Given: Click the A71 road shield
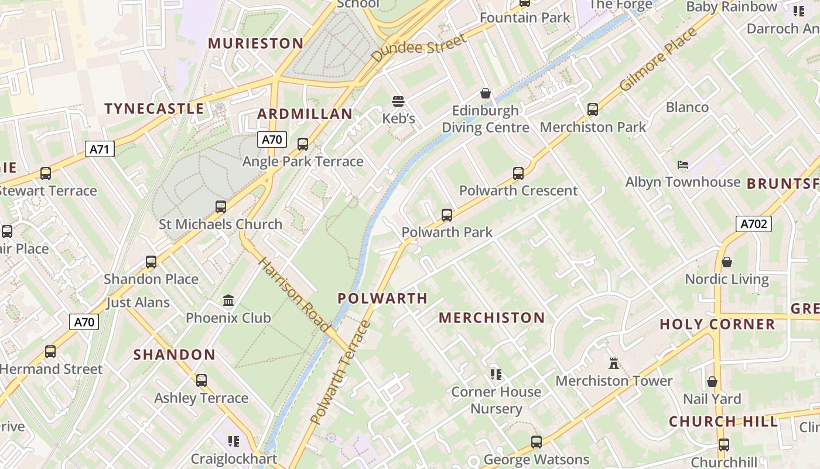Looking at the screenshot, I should point(100,149).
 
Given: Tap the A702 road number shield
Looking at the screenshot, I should point(753,223).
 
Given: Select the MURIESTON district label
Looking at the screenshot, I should point(256,43).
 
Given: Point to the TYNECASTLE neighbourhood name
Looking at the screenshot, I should point(154,108).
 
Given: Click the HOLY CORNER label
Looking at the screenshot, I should point(717,324).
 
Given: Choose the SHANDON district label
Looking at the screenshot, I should point(175,355).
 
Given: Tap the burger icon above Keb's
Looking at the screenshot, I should point(398,101).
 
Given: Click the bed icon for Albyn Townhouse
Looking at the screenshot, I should point(683,165).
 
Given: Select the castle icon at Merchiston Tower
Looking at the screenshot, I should point(614,363).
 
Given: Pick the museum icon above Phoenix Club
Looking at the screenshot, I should point(228,301).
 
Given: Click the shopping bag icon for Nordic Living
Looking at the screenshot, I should point(727,262).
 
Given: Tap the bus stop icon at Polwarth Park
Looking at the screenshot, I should point(447,215).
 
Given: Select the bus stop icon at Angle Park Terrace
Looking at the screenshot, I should point(303,144).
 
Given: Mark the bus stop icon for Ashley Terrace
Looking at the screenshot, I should point(201,380).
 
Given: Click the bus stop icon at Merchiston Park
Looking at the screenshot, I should point(593,110).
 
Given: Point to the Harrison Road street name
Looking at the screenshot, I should point(293,294).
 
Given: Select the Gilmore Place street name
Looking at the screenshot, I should point(659,59).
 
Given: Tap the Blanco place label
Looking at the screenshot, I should point(687,107).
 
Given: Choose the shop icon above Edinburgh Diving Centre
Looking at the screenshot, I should point(486,93).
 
